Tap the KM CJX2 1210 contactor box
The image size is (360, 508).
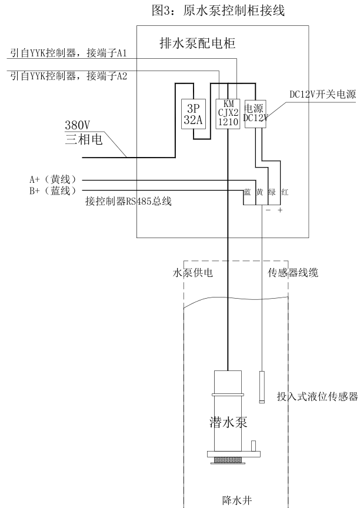228,113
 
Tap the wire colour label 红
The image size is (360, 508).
285,192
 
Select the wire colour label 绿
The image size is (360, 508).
272,192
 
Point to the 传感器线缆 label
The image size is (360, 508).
293,273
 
